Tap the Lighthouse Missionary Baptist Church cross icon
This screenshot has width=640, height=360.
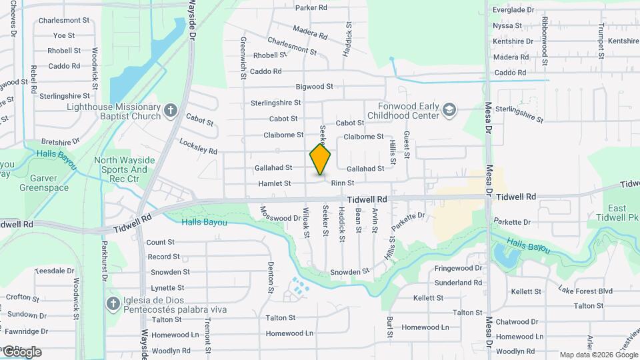point(171,110)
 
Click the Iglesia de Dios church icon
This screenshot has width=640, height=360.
point(113,304)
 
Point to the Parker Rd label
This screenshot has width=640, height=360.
point(311,8)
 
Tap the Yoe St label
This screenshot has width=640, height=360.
point(64,35)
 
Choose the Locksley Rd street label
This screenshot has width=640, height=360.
point(198,146)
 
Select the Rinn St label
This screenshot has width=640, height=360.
point(342,183)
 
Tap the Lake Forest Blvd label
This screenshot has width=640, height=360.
point(585,291)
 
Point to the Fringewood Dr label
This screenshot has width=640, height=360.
point(458,268)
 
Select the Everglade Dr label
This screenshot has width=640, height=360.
point(513,10)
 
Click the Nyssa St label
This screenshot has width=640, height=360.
point(507,26)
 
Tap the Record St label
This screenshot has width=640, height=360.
point(164,257)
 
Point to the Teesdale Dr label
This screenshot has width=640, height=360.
point(55,271)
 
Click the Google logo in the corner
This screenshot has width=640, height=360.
point(21,351)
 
